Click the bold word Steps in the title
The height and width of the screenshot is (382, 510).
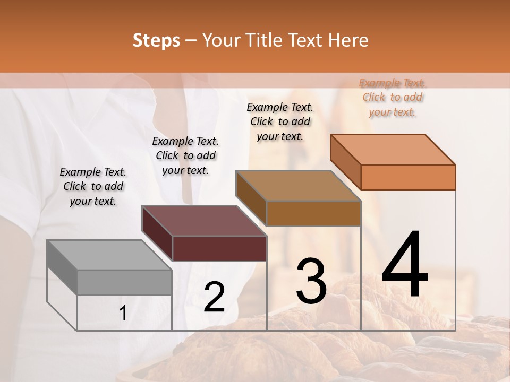156,40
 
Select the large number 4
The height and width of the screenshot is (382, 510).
405,265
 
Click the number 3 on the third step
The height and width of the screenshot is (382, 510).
311,281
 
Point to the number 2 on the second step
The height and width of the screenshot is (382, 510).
214,297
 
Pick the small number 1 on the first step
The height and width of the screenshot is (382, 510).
123,314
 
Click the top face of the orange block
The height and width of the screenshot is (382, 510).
393,150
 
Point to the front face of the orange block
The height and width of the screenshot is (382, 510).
408,177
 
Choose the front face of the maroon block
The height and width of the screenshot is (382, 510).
219,248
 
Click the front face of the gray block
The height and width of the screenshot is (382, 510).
125,282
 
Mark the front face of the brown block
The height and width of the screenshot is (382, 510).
313,213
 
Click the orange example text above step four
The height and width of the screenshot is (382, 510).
392,98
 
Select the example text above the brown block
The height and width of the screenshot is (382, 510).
280,121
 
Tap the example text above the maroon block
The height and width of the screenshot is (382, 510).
185,155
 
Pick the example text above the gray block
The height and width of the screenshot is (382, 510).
93,186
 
